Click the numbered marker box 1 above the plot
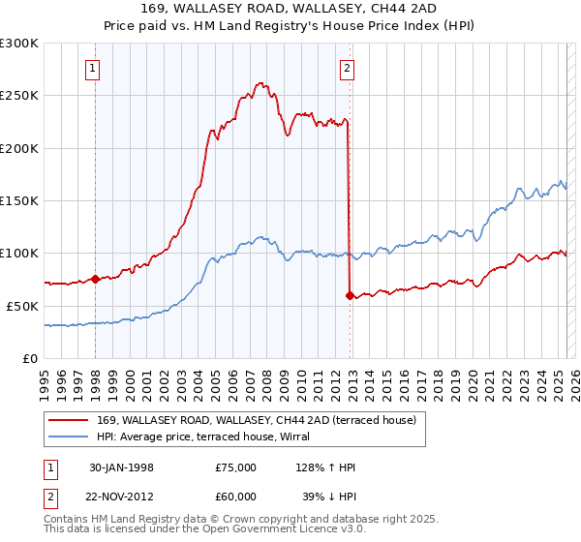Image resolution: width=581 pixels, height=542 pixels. click(x=93, y=69)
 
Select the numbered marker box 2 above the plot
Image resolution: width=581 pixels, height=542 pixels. click(x=347, y=69)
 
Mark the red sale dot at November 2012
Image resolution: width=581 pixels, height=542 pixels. click(x=350, y=295)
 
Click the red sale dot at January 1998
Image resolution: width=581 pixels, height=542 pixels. click(x=96, y=279)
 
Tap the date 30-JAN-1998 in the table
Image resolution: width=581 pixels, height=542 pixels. click(x=120, y=467)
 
